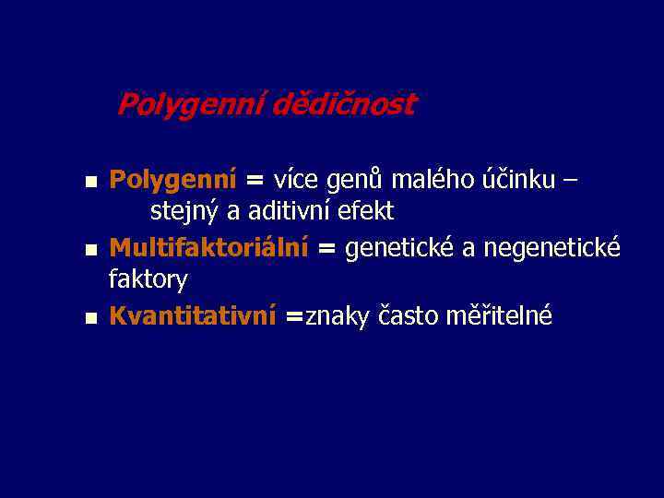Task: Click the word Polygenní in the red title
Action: point(190,105)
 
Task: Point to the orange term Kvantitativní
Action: point(192,315)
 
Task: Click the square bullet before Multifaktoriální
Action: point(90,249)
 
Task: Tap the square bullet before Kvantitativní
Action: point(90,318)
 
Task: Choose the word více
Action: point(300,178)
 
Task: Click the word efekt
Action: point(366,211)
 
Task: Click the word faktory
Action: point(148,279)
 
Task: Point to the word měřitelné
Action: point(500,315)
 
